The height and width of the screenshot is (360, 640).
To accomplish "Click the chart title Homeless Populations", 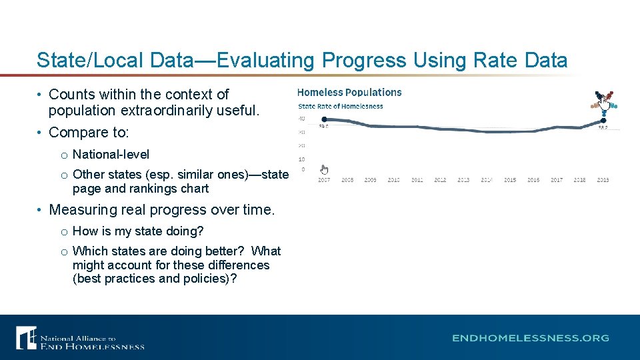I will click(349, 93).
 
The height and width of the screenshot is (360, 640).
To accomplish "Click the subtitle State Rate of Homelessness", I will click(340, 106).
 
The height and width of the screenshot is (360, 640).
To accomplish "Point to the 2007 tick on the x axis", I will click(324, 180).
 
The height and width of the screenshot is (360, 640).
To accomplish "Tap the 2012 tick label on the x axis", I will click(440, 180).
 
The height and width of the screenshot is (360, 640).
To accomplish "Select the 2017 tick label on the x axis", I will click(557, 180).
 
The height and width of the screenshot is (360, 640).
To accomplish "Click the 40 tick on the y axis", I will click(301, 119).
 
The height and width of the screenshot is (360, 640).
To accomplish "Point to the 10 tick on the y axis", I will click(301, 159).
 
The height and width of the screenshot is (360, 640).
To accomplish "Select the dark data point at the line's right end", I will click(603, 121).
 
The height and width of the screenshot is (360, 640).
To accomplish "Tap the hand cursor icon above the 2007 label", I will click(324, 169).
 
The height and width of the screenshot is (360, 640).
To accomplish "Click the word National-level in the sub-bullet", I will click(111, 155).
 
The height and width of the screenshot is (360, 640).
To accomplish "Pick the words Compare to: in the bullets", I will click(89, 132).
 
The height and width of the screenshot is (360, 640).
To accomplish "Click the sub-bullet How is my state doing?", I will click(138, 231).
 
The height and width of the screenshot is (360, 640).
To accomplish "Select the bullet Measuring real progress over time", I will click(161, 210).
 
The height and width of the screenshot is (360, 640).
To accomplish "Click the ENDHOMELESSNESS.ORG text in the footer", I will click(531, 338).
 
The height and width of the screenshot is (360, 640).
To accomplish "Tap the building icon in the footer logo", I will click(26, 337).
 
